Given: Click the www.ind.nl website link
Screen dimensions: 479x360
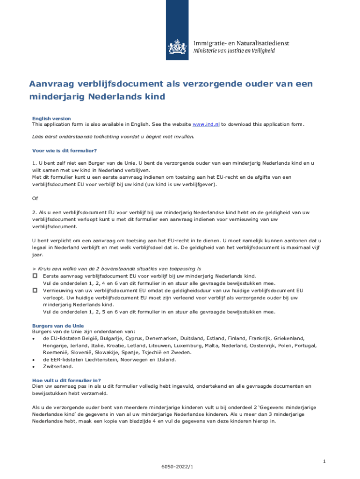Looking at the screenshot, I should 206,124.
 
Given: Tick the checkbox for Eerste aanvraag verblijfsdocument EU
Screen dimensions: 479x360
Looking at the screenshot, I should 35,276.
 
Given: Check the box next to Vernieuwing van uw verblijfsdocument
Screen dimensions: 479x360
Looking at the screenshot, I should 35,290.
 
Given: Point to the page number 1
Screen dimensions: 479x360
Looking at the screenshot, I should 324,462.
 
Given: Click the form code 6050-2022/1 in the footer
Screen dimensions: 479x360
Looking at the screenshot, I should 177,467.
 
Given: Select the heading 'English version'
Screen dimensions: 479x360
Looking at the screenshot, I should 51,119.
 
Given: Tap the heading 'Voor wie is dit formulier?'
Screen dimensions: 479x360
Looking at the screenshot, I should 64,150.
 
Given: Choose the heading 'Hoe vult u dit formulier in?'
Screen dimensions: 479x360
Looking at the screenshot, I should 66,380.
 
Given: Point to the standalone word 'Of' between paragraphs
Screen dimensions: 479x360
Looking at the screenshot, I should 35,198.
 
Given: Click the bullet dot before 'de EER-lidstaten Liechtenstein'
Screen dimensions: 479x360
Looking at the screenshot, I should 33,360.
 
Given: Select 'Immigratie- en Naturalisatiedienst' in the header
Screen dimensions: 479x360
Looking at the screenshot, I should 241,43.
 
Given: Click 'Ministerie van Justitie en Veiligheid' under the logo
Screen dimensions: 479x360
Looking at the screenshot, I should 241,51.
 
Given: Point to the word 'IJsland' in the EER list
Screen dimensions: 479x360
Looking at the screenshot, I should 166,360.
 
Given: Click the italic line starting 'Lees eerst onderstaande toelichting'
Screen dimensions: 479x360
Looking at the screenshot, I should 113,137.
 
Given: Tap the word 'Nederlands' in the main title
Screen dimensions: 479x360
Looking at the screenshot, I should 114,97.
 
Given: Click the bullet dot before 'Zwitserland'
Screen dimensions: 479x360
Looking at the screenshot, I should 33,367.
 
